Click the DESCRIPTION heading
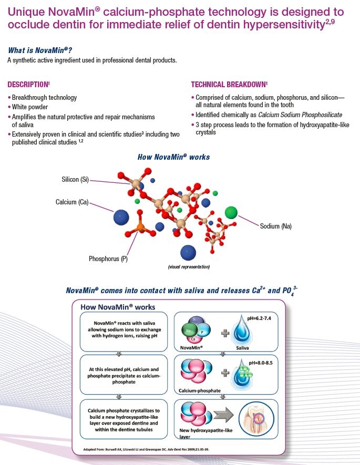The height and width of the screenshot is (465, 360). pos(28,85)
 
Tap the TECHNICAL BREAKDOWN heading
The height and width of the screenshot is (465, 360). pos(229,85)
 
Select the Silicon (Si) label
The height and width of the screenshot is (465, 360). pos(75,179)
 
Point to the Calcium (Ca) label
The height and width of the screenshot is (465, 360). pos(72,202)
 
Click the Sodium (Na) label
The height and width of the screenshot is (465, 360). pos(276,226)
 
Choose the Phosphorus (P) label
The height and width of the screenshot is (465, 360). pos(108,259)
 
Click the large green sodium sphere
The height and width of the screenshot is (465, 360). pos(231,213)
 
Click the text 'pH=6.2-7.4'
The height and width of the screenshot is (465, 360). pos(259,318)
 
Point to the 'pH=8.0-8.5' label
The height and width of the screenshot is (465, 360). pos(260,363)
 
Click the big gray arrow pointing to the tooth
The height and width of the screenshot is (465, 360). pos(223,415)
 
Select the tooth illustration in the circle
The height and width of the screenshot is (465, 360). pos(256,419)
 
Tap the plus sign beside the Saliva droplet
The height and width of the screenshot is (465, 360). pos(225,333)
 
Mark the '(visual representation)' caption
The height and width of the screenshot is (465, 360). pos(189,266)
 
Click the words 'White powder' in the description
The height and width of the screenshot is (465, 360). pos(29,107)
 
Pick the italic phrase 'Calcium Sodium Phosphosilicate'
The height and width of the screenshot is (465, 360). pos(300,115)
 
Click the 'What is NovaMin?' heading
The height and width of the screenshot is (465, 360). pos(40,50)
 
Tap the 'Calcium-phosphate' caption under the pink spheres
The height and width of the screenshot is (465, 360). pos(200,390)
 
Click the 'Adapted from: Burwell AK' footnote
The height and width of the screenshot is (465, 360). pos(146,449)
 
